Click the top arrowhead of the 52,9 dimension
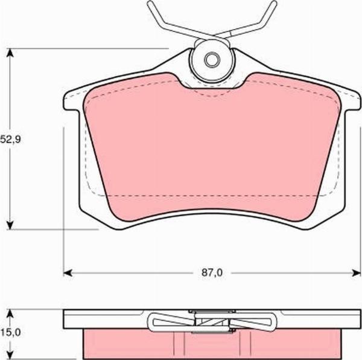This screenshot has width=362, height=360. point(10,53)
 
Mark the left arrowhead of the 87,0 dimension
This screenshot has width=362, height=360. point(68,272)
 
